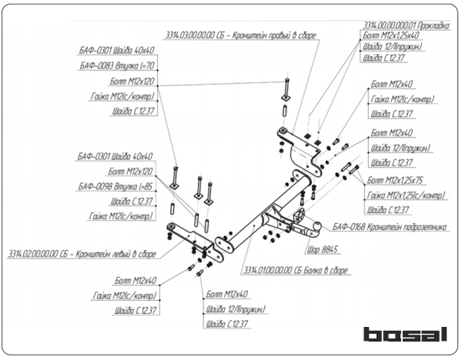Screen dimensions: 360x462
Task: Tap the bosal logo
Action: (x=404, y=335)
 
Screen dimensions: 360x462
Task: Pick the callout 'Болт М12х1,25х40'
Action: (x=391, y=35)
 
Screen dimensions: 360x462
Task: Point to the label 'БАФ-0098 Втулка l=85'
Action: (x=115, y=187)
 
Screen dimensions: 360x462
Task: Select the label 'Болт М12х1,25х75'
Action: (x=400, y=179)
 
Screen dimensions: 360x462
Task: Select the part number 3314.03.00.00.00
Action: (x=189, y=36)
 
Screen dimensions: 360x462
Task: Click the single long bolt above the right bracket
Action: (x=286, y=89)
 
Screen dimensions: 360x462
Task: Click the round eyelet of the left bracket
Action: (x=169, y=228)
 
